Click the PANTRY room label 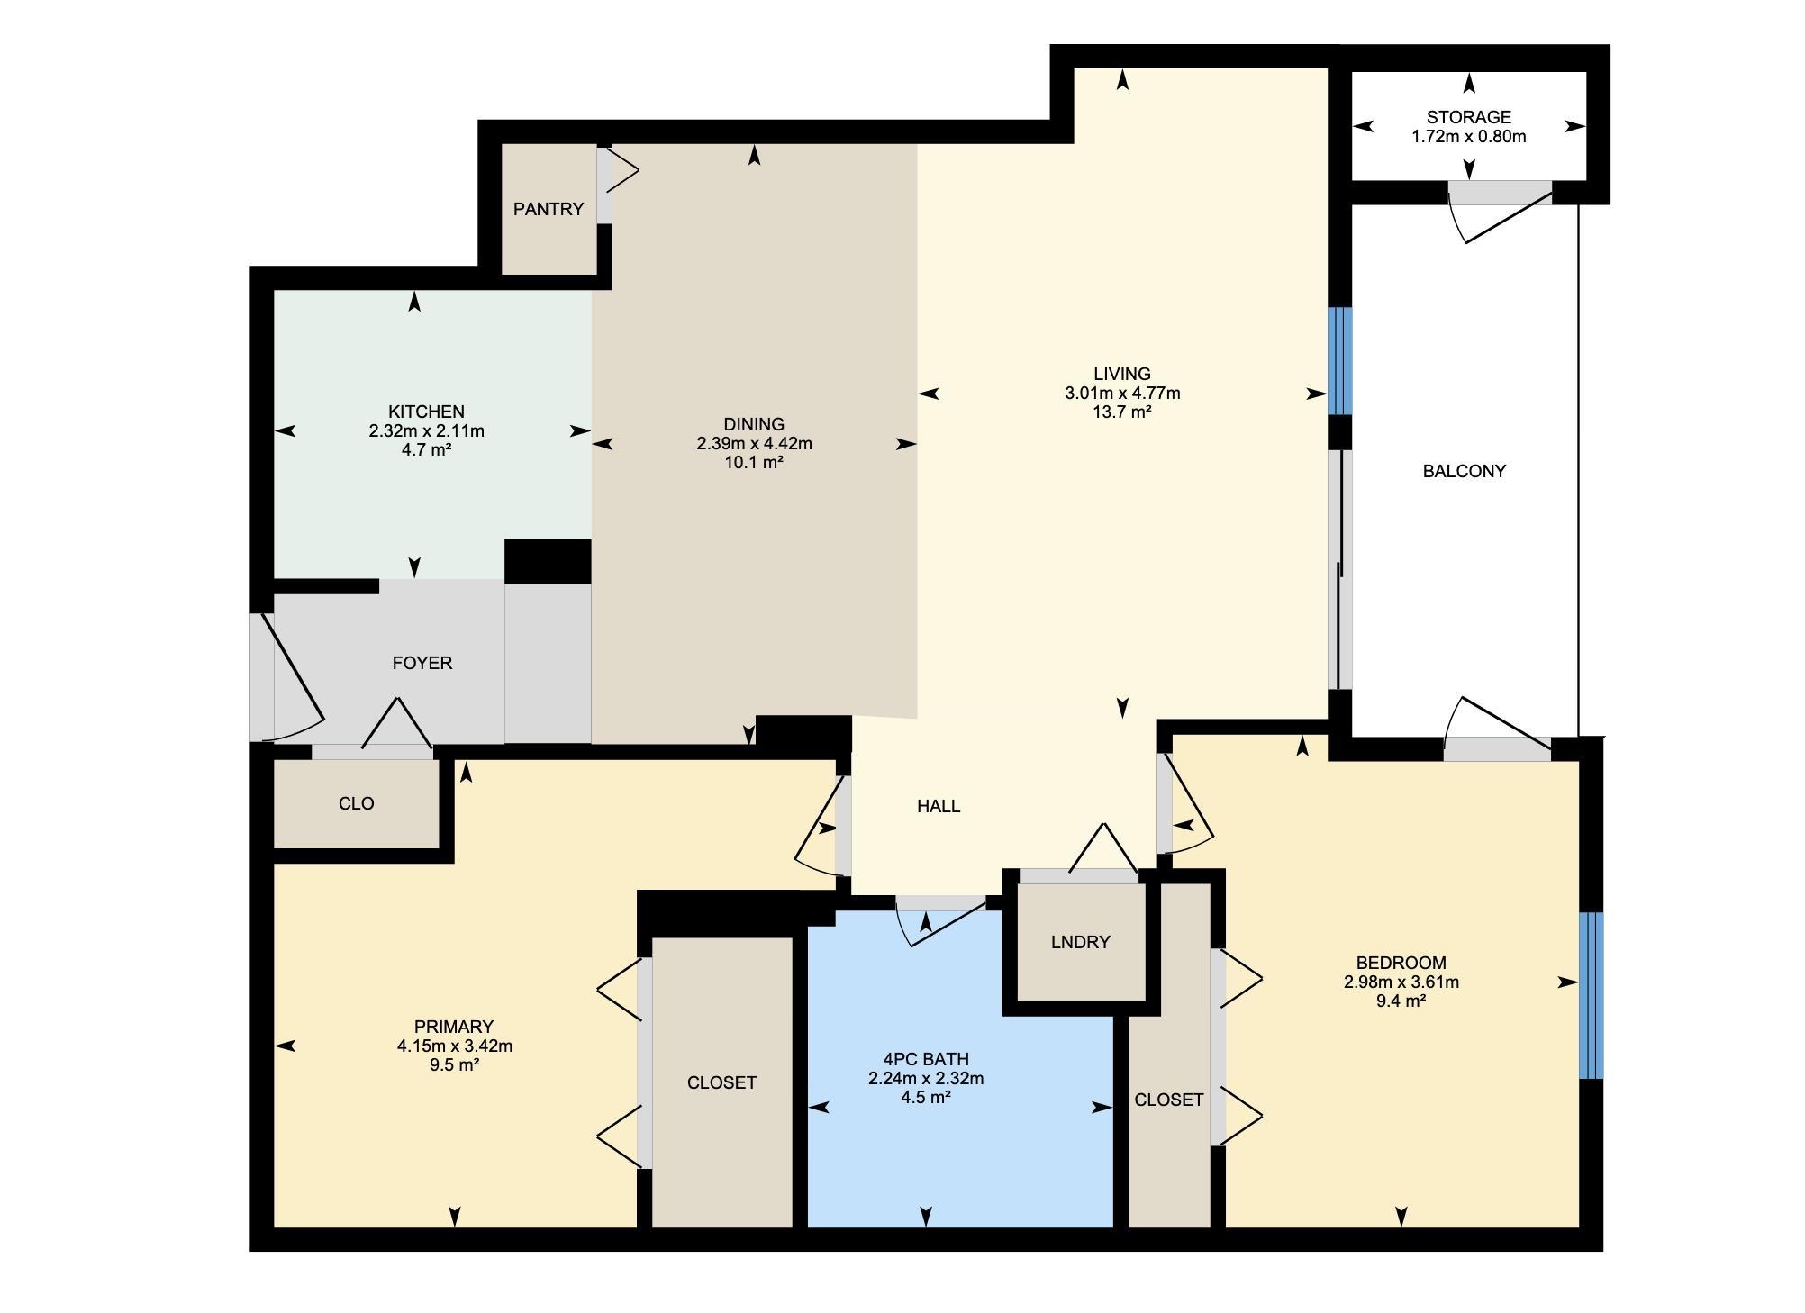[x=549, y=209]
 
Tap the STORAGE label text [x=1468, y=117]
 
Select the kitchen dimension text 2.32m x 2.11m [x=426, y=430]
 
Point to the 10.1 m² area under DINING [x=754, y=462]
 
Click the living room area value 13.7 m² [x=1122, y=412]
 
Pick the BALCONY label [x=1464, y=471]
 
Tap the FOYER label [x=422, y=663]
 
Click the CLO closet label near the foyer [x=356, y=803]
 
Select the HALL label [x=939, y=806]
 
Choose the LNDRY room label [x=1080, y=942]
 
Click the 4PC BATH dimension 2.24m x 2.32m [x=926, y=1078]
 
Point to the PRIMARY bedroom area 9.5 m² [x=454, y=1064]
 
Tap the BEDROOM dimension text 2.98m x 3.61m [x=1401, y=982]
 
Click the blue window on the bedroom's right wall [x=1592, y=995]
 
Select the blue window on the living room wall [x=1340, y=361]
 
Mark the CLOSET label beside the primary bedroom [x=721, y=1082]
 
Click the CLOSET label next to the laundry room [x=1168, y=1100]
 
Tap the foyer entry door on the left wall [x=286, y=675]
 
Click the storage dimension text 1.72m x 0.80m [x=1468, y=137]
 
